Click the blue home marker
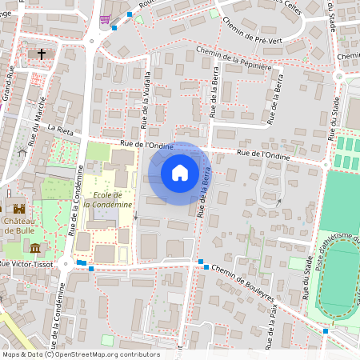180,173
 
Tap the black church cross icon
42,54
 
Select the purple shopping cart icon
105,19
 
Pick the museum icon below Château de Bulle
35,246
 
